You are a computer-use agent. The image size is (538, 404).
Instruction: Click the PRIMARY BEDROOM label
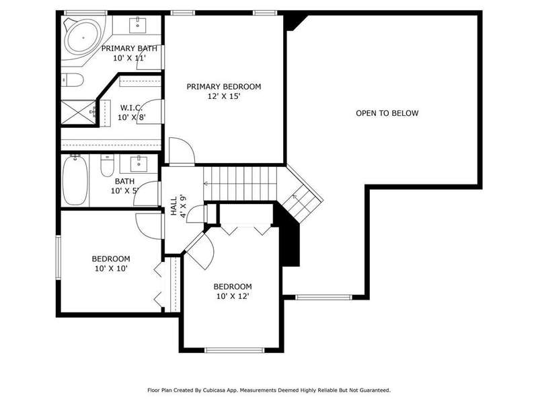point(224,87)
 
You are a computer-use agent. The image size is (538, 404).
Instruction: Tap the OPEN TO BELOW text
point(387,113)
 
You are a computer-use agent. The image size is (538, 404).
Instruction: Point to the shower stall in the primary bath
point(79,111)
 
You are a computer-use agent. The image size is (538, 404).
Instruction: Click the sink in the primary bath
point(138,25)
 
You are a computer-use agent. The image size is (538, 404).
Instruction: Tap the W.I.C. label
point(131,108)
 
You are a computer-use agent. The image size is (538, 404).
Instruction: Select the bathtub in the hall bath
point(75,180)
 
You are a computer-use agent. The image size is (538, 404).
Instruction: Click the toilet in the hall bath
point(107,165)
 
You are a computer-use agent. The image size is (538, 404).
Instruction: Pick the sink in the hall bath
point(139,164)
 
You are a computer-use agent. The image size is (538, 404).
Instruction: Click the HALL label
point(174,206)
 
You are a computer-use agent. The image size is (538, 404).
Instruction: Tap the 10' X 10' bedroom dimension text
point(111,268)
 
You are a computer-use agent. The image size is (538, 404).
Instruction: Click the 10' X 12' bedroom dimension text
point(233,296)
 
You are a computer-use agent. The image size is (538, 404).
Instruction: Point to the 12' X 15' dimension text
point(224,96)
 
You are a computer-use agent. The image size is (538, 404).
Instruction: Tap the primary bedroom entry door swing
point(182,150)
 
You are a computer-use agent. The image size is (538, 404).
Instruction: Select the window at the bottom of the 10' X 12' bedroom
point(234,350)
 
